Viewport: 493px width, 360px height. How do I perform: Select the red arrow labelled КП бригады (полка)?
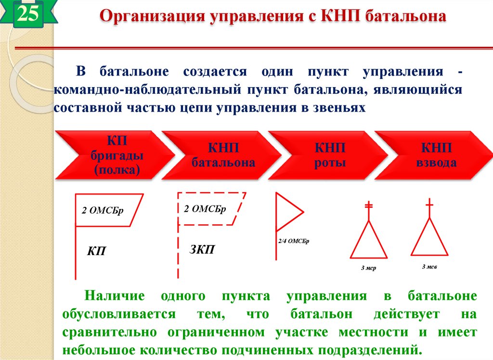pyautogui.click(x=114, y=155)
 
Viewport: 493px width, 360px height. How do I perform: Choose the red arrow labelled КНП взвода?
pyautogui.click(x=436, y=155)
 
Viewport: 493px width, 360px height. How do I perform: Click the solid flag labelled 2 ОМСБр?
pyautogui.click(x=108, y=210)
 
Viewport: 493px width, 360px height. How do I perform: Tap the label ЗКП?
pyautogui.click(x=202, y=249)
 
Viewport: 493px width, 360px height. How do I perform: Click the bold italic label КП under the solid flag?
pyautogui.click(x=96, y=251)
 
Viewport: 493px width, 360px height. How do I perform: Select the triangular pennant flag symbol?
pyautogui.click(x=288, y=212)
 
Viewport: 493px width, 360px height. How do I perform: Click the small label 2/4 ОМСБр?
pyautogui.click(x=293, y=241)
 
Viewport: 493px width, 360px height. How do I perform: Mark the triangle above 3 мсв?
pyautogui.click(x=429, y=238)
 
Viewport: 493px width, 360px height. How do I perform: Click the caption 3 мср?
pyautogui.click(x=368, y=268)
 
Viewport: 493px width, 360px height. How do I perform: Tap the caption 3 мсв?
pyautogui.click(x=429, y=266)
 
